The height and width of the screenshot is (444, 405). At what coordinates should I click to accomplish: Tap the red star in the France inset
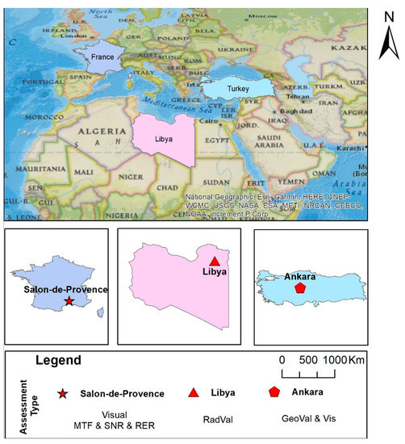click(x=69, y=300)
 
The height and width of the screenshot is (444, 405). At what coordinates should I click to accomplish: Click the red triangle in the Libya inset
click(x=214, y=261)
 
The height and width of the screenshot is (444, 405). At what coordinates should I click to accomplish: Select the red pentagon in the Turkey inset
click(x=300, y=287)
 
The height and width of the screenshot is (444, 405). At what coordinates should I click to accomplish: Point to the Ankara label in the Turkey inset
click(x=300, y=276)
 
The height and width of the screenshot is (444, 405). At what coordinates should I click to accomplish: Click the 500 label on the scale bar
click(x=308, y=360)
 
